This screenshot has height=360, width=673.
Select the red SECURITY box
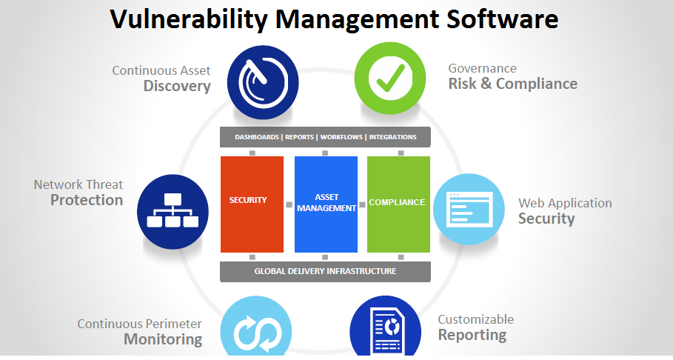(x=252, y=204)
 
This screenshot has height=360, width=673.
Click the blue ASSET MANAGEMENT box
(x=326, y=204)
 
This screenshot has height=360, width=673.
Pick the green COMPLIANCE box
(x=398, y=204)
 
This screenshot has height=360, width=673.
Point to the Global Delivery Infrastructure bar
(x=325, y=271)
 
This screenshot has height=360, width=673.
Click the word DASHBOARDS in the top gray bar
(x=257, y=137)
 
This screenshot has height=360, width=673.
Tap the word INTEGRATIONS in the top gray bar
(x=392, y=137)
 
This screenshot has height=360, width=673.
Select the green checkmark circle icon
(x=390, y=77)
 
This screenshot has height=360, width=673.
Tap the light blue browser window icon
(x=469, y=210)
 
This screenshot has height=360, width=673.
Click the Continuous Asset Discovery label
(x=161, y=79)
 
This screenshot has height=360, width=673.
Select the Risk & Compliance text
(x=512, y=84)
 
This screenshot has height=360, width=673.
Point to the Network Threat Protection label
(x=78, y=193)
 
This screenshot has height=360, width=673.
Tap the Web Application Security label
(x=564, y=210)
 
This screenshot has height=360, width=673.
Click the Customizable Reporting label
(x=475, y=327)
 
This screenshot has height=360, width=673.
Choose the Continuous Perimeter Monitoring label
(x=140, y=332)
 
